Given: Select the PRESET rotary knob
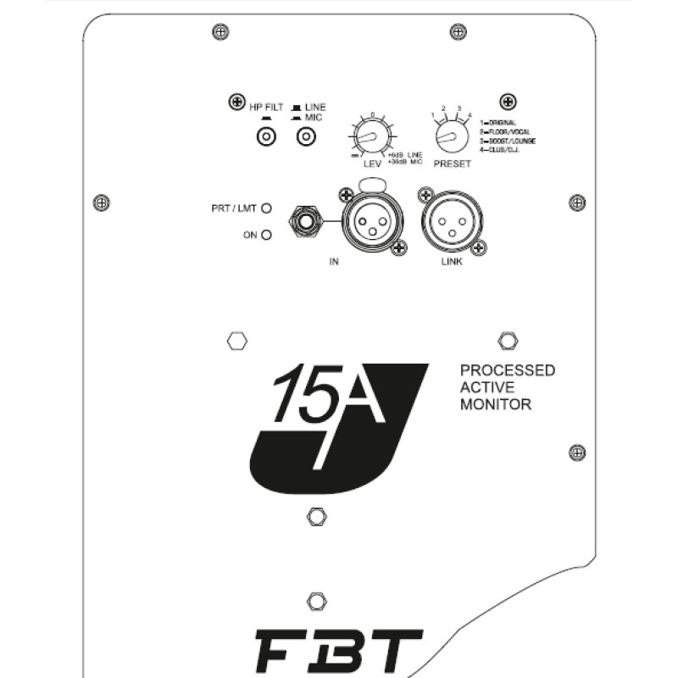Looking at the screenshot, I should click(447, 134).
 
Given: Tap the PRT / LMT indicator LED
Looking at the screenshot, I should click(266, 207).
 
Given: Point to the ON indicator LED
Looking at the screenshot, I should click(266, 235).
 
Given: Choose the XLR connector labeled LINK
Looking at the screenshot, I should click(451, 223).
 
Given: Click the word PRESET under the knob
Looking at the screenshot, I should click(452, 164).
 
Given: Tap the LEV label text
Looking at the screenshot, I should click(371, 164).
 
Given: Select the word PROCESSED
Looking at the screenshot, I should click(508, 370).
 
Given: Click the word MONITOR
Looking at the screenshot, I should click(496, 405).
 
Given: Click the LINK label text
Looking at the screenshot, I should click(452, 261).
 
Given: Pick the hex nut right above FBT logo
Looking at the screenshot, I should click(317, 602).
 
